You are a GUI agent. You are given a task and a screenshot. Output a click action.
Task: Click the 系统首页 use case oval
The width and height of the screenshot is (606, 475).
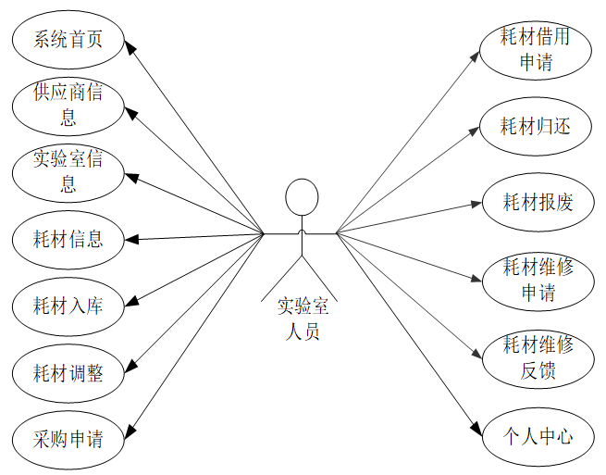coord(68,41)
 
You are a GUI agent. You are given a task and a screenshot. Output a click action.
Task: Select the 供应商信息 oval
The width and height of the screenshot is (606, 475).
coord(68,106)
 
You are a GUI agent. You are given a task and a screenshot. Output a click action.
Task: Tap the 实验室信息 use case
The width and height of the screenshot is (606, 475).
coord(68,172)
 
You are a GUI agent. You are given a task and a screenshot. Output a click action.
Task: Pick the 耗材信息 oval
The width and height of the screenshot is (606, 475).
coord(68,239)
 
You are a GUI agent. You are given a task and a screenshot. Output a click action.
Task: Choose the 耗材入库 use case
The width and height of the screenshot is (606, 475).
coord(68,306)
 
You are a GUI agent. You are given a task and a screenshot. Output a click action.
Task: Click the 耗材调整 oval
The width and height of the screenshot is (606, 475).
coord(68,372)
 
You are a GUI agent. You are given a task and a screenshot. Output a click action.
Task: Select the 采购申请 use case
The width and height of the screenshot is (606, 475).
coord(68,438)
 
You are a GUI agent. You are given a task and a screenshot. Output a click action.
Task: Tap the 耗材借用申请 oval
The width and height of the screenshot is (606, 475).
coord(537,50)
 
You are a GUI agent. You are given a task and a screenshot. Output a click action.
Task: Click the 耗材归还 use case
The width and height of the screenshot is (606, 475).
coord(537,126)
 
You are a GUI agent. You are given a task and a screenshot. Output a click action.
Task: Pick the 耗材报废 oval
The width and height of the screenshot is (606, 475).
coord(537,202)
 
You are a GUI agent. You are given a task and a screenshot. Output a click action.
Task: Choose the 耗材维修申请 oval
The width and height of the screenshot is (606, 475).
coord(537,280)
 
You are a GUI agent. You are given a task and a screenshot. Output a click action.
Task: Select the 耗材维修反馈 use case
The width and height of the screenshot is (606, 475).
coord(537,357)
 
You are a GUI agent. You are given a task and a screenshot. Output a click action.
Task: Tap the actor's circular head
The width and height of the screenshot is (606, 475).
coord(302,196)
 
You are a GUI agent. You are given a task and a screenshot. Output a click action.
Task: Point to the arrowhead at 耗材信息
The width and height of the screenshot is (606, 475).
coord(131,239)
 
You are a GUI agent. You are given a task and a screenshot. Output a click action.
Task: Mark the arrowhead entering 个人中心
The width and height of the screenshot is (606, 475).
coord(476,429)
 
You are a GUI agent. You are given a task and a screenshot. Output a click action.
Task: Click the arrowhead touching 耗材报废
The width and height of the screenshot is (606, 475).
coord(476,204)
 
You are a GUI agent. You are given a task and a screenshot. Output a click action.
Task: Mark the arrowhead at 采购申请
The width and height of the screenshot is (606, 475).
coord(130,431)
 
